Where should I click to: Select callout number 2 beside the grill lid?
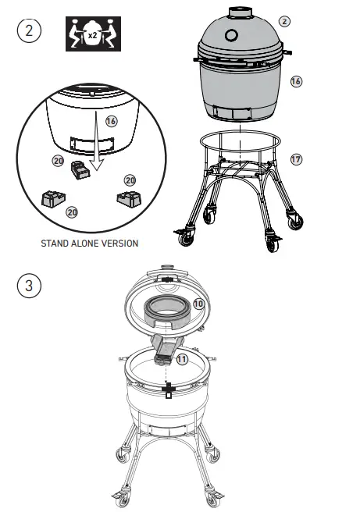285,20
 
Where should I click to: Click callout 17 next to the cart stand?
295,159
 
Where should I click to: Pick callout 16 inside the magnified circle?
112,121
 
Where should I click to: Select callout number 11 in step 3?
181,359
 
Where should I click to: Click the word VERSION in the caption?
118,243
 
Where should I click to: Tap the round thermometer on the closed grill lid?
232,36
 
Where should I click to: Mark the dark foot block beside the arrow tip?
78,169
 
